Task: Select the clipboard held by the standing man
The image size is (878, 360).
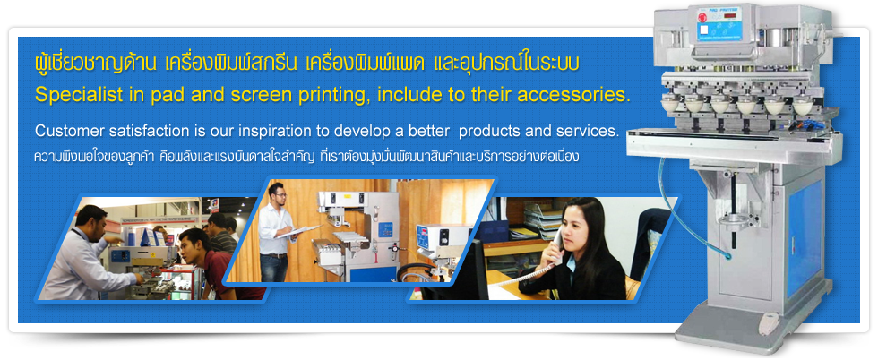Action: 306,230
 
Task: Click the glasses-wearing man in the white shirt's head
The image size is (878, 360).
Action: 277,193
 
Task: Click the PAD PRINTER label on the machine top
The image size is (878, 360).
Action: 722,9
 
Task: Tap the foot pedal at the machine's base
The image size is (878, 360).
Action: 769,323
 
